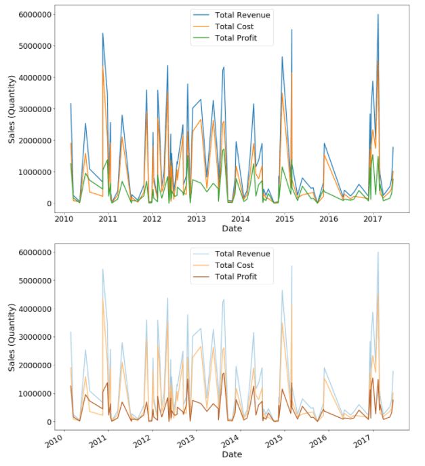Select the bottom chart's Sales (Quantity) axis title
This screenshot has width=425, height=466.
(x=12, y=348)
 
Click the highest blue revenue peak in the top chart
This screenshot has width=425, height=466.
(x=378, y=15)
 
